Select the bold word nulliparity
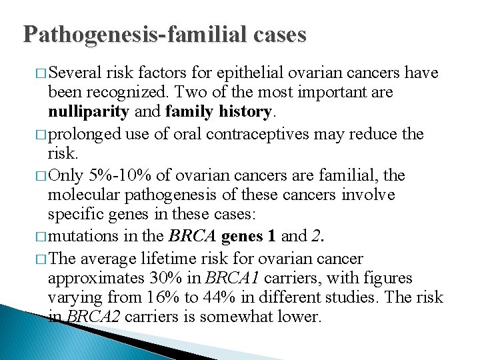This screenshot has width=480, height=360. point(88,111)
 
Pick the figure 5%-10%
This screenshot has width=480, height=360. point(119,176)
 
